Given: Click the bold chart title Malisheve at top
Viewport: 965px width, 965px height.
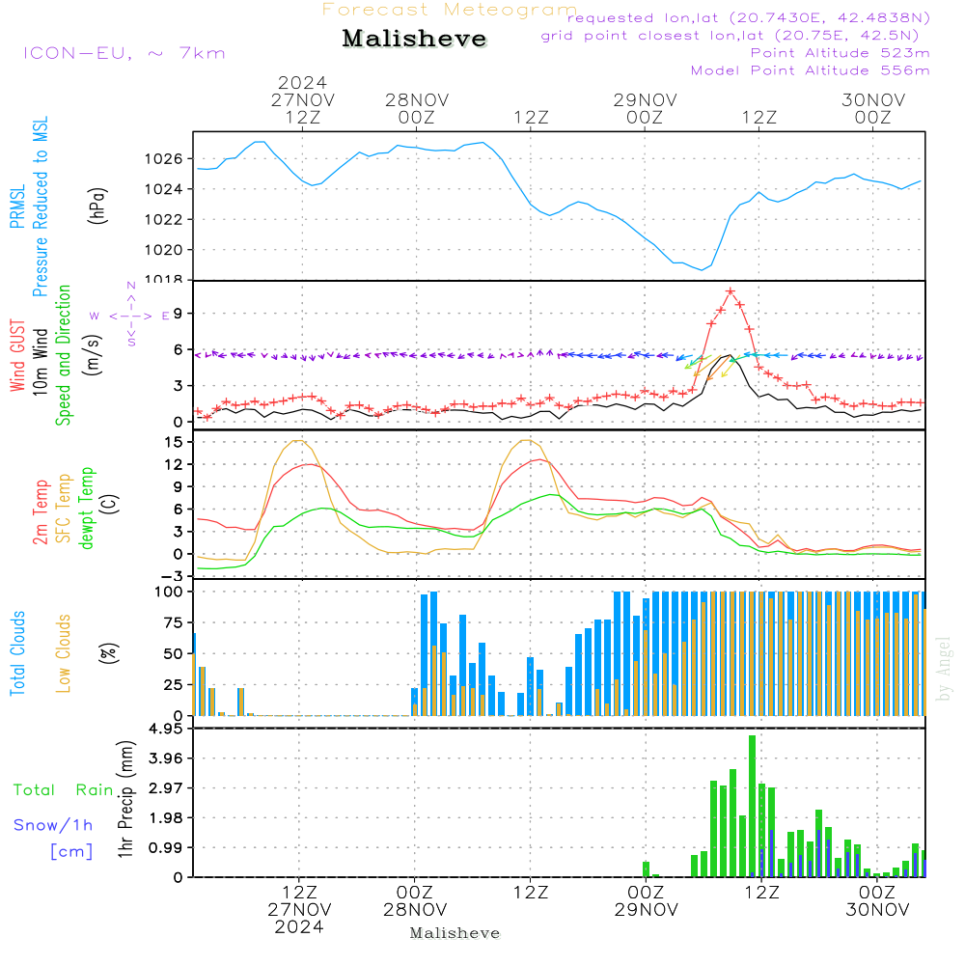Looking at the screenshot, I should tap(415, 40).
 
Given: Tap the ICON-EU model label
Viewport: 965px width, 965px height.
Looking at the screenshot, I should tap(124, 53).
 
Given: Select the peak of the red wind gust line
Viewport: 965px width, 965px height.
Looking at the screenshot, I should tap(731, 290).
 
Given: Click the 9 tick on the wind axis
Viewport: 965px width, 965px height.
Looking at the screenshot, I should tap(179, 313).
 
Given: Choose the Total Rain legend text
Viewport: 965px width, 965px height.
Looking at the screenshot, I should tap(63, 789).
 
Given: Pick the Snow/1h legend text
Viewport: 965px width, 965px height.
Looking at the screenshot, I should tap(53, 825).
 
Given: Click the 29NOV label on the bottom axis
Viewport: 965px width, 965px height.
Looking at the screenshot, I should tap(645, 909).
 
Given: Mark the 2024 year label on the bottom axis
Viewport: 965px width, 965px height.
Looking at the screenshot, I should tap(299, 926).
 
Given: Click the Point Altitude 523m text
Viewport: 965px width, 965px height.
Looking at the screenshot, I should tap(840, 53).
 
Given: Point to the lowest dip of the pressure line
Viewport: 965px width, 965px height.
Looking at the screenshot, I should tap(702, 269).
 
